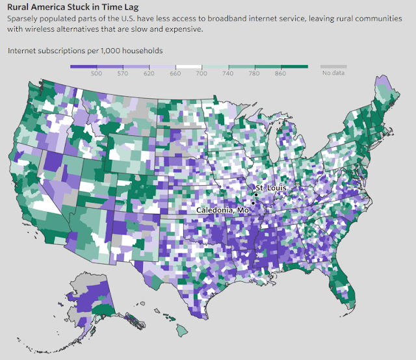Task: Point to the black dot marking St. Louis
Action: click(256, 194)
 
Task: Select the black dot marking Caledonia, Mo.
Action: click(253, 203)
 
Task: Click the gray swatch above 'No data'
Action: click(333, 66)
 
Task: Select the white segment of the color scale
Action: click(189, 66)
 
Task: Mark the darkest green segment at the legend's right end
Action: click(295, 66)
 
